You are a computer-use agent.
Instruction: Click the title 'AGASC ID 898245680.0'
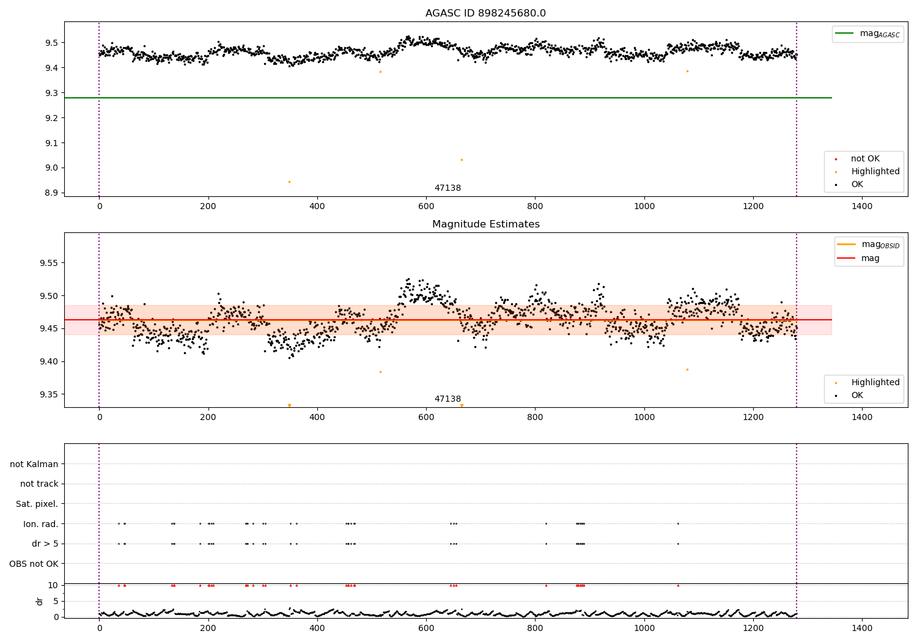coord(485,13)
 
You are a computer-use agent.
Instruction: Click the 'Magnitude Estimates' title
coord(485,224)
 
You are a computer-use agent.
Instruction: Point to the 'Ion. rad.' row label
coord(40,524)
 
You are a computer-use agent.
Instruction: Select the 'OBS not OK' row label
coord(34,564)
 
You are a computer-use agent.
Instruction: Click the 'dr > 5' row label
coord(45,544)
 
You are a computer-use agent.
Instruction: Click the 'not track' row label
coord(39,484)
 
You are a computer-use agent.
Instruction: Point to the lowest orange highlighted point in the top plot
coord(289,182)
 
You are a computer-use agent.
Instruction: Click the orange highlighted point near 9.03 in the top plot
coord(462,160)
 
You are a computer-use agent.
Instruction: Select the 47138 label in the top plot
coord(447,188)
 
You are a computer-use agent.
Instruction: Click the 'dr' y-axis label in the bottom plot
coord(40,601)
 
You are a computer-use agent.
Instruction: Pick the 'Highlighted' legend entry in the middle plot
coord(875,382)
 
